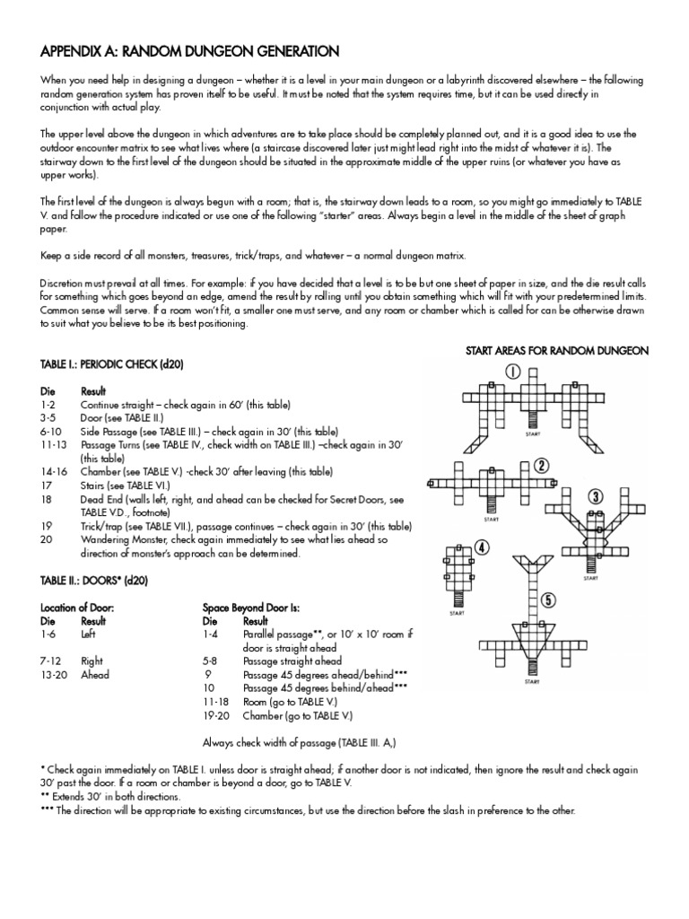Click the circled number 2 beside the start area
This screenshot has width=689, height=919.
[x=541, y=465]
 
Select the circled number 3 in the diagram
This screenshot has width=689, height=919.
[x=595, y=496]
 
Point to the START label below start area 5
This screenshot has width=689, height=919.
[x=531, y=681]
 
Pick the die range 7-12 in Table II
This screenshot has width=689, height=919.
[x=50, y=661]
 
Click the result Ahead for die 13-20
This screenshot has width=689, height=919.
[x=95, y=674]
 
